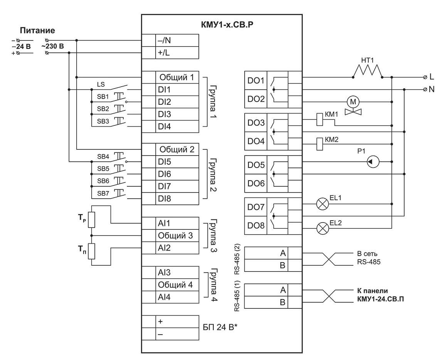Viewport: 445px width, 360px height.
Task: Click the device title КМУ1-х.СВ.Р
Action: [227, 25]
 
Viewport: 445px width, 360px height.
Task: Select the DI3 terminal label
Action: [164, 114]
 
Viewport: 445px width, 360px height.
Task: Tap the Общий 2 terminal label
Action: [177, 149]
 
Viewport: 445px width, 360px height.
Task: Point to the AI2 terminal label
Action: [164, 248]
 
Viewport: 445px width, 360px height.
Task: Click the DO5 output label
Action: [256, 165]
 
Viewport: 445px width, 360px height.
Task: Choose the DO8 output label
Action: [256, 225]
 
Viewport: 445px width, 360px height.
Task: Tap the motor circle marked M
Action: [353, 102]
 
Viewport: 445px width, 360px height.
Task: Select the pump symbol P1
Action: [373, 162]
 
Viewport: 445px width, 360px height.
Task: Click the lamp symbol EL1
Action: [322, 204]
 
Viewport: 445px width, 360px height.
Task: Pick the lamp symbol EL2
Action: [322, 228]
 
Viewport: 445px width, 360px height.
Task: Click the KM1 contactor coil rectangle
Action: [319, 119]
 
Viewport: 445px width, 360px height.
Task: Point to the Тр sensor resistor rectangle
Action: [91, 219]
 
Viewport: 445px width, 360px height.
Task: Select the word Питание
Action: [37, 30]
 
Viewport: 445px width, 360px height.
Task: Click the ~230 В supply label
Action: [52, 46]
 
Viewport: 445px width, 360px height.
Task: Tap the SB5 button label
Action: [103, 169]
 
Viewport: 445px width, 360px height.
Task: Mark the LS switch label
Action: [101, 84]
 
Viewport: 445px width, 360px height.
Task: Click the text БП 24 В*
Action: [220, 327]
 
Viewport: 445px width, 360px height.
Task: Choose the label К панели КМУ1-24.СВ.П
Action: [380, 295]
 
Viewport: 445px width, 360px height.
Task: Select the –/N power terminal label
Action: [164, 40]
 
